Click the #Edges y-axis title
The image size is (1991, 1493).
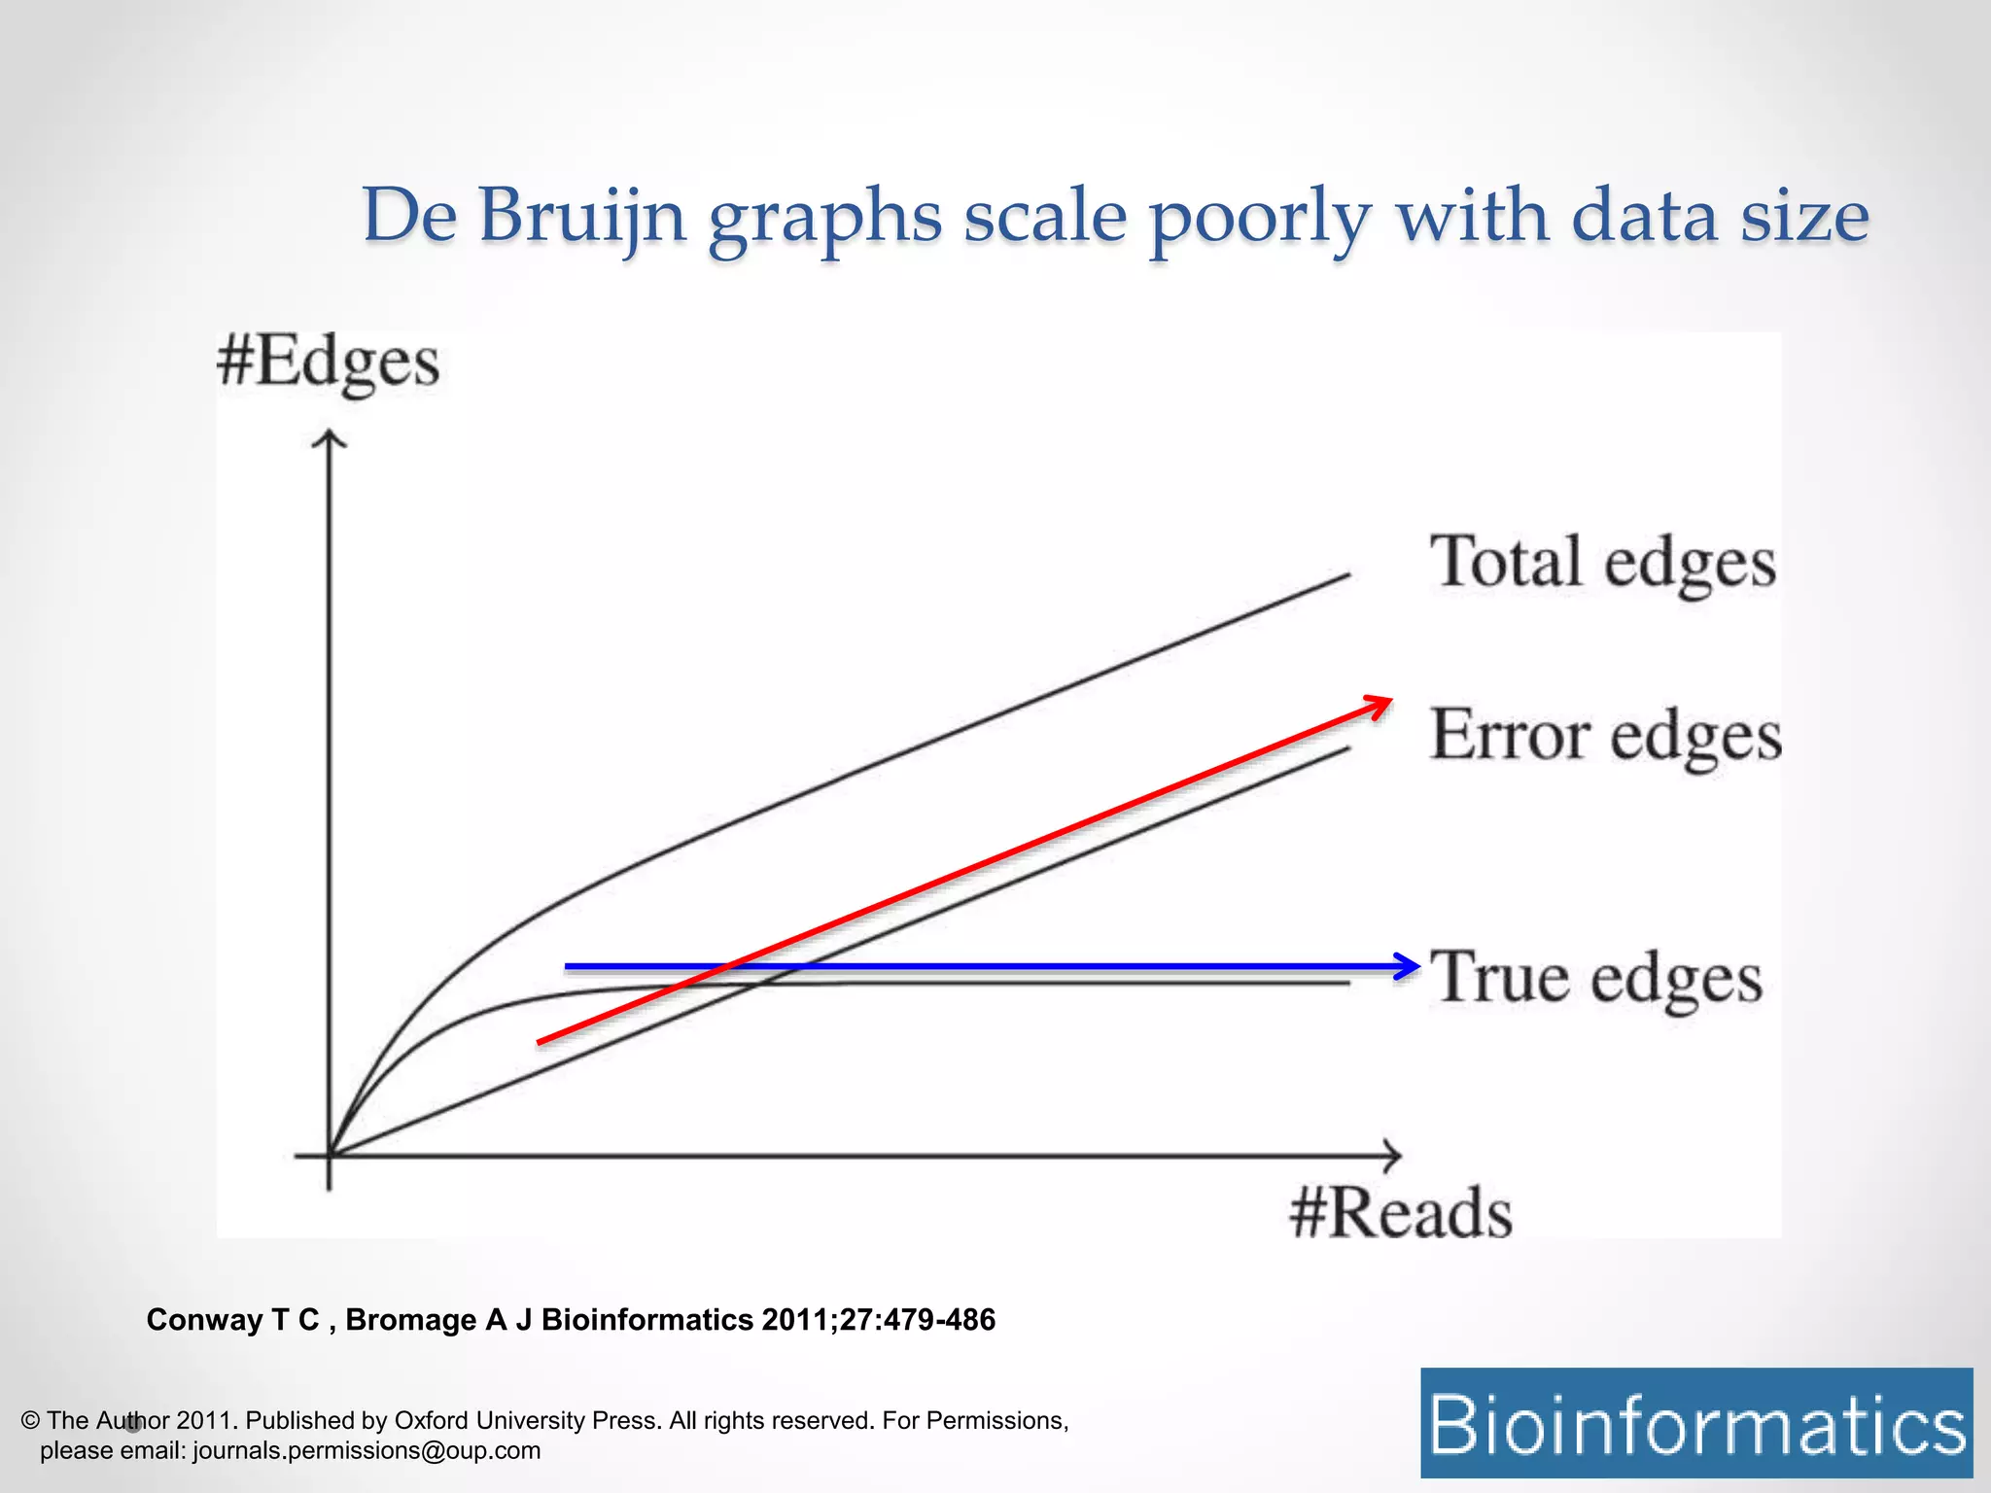coord(328,364)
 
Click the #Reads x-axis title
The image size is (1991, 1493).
coord(1400,1213)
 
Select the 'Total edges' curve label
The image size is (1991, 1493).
coord(1602,563)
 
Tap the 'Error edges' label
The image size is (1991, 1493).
coord(1606,735)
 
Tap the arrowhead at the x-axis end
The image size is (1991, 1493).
coord(1393,1156)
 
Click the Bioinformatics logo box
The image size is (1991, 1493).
coord(1696,1423)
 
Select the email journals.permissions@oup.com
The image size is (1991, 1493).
coord(367,1450)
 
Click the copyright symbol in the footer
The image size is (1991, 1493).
coord(29,1420)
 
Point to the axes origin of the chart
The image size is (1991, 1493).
coord(330,1156)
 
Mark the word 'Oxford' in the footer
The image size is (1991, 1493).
coord(432,1420)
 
